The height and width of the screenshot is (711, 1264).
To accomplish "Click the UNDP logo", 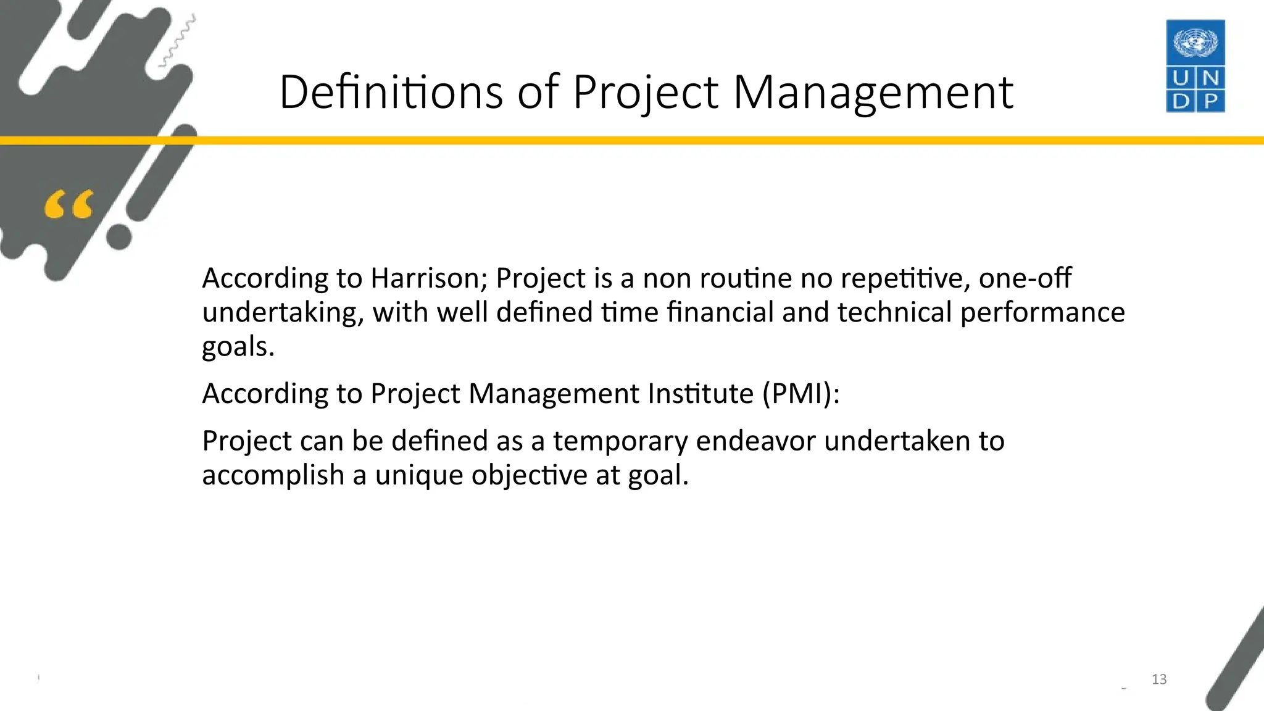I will tap(1195, 66).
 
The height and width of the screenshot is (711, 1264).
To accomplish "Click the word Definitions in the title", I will tap(391, 93).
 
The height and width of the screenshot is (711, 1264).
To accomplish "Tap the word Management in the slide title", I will tap(873, 93).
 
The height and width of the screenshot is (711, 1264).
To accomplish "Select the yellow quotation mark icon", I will tap(69, 205).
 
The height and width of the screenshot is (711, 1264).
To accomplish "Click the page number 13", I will tap(1159, 680).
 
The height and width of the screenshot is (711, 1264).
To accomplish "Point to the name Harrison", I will tap(429, 278).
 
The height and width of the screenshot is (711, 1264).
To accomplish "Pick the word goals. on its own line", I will tap(238, 347).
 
